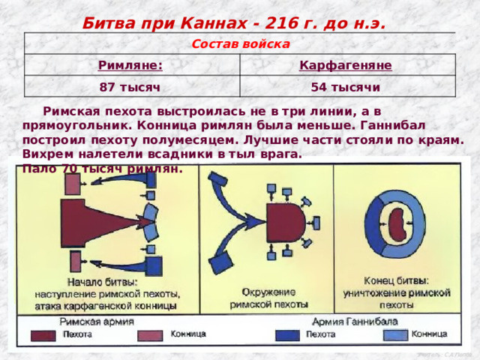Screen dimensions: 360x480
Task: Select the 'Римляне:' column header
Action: click(x=131, y=66)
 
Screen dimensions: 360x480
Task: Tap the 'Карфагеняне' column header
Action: click(x=345, y=66)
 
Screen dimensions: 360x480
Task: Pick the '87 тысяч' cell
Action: click(x=130, y=88)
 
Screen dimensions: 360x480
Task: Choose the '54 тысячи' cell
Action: click(x=344, y=88)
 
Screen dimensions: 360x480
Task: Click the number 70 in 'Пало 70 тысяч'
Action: click(x=71, y=169)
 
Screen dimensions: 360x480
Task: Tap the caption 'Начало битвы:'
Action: click(x=101, y=283)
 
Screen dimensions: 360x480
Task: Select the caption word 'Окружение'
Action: click(x=268, y=291)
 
